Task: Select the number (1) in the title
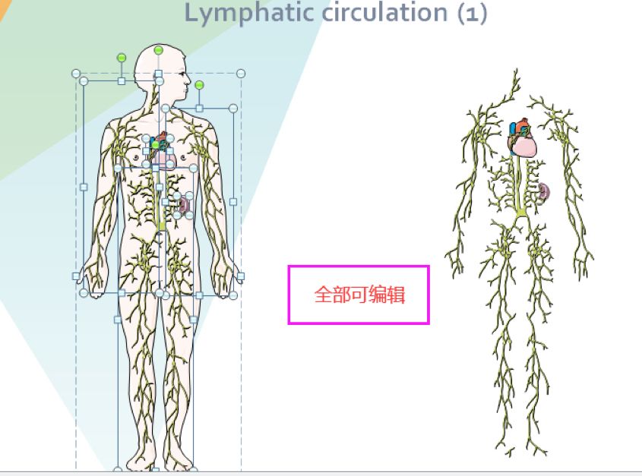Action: point(471,13)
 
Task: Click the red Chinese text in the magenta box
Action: point(359,295)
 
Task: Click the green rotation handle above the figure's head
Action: point(158,50)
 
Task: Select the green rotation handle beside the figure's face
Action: point(199,85)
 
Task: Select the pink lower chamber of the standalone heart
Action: point(526,144)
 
